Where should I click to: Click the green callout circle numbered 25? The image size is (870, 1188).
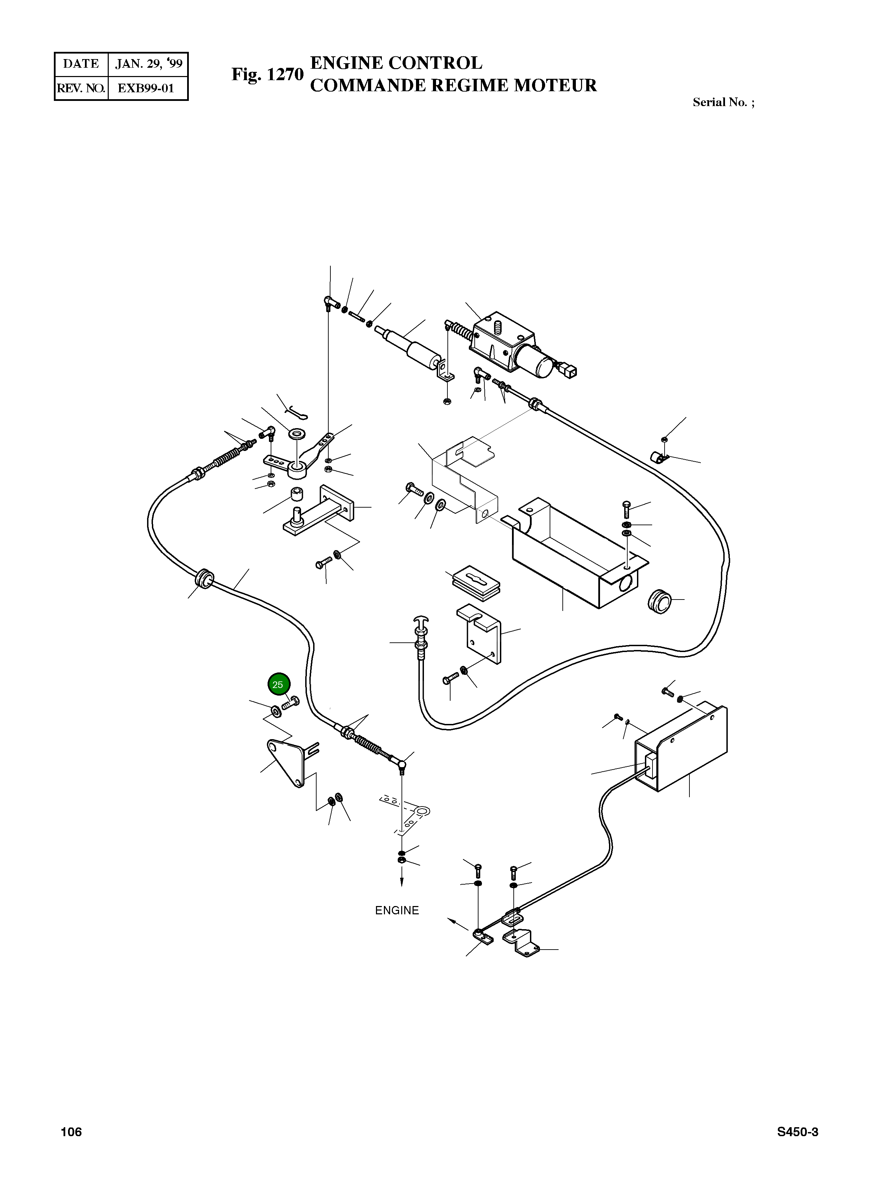click(x=278, y=685)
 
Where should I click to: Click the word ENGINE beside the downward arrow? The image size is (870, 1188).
click(x=397, y=910)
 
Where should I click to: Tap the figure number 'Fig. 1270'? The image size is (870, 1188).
click(x=268, y=74)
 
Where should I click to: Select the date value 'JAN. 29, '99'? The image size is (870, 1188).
click(x=148, y=64)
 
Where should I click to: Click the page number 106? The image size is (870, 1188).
click(x=71, y=1132)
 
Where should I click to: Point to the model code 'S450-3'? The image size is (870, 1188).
click(x=797, y=1132)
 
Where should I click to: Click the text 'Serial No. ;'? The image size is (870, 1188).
click(x=723, y=102)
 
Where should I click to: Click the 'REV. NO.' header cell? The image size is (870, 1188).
click(x=81, y=88)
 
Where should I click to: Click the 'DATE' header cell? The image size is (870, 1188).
click(x=81, y=64)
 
